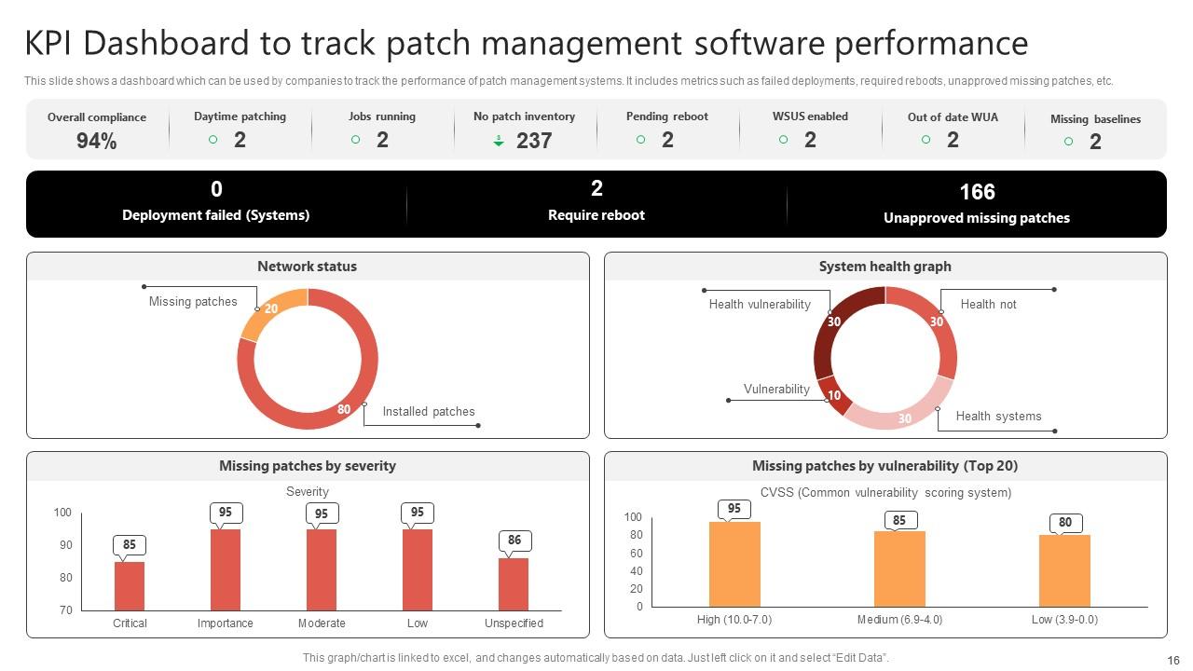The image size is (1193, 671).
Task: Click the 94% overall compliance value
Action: (x=96, y=141)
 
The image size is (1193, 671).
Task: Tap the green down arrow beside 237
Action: (x=499, y=141)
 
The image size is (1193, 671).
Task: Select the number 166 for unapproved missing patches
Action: (x=977, y=192)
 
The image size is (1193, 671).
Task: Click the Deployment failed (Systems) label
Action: (x=215, y=215)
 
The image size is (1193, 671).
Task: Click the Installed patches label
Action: (x=428, y=411)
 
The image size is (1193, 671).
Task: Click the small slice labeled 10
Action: (x=834, y=394)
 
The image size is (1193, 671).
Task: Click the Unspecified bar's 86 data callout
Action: (x=514, y=541)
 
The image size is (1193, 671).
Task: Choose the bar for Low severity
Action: (x=417, y=569)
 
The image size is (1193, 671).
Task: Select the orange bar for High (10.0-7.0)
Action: (x=734, y=564)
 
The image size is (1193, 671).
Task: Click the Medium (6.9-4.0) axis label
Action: (x=899, y=620)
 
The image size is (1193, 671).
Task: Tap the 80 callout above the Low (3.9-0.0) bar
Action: (x=1064, y=523)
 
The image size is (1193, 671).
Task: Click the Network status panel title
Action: (x=307, y=267)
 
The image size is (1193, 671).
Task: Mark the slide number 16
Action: (x=1172, y=659)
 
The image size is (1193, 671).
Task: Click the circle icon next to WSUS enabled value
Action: (x=783, y=140)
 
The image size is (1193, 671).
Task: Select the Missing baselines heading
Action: (x=1095, y=119)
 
